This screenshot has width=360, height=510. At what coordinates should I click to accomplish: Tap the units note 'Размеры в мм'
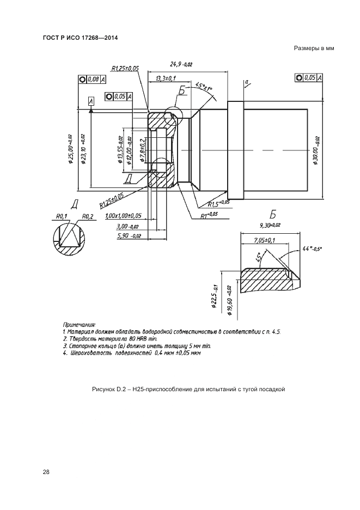313,48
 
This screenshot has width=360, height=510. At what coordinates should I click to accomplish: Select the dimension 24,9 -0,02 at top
181,64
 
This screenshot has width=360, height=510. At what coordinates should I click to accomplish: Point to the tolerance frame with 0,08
91,79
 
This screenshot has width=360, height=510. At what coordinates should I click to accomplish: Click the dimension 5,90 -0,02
129,236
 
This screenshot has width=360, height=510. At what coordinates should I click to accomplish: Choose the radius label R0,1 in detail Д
61,216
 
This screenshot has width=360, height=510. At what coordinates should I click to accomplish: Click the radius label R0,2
88,216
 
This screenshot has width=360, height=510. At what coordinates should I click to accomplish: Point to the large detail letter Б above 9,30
273,213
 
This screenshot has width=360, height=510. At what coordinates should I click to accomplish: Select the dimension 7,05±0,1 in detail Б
264,240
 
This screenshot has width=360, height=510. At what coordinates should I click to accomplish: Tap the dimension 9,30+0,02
270,225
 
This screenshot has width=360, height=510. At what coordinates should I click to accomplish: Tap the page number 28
46,472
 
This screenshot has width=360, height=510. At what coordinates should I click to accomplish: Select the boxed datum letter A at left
90,101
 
